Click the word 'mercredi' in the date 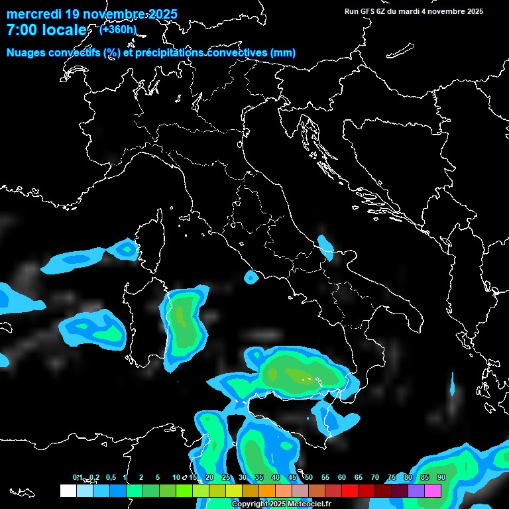[x=34, y=14]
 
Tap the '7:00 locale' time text [x=46, y=30]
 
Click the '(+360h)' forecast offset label [x=118, y=29]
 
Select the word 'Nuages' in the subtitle [x=26, y=53]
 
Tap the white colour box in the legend [x=68, y=490]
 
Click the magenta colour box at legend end [x=433, y=490]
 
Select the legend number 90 [x=441, y=477]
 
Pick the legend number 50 [x=309, y=477]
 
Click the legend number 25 [x=226, y=477]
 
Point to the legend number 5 [x=158, y=477]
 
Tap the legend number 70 [x=375, y=477]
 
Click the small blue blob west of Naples [x=251, y=277]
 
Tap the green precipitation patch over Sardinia [x=183, y=322]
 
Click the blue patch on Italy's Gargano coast [x=325, y=247]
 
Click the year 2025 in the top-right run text [x=473, y=11]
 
